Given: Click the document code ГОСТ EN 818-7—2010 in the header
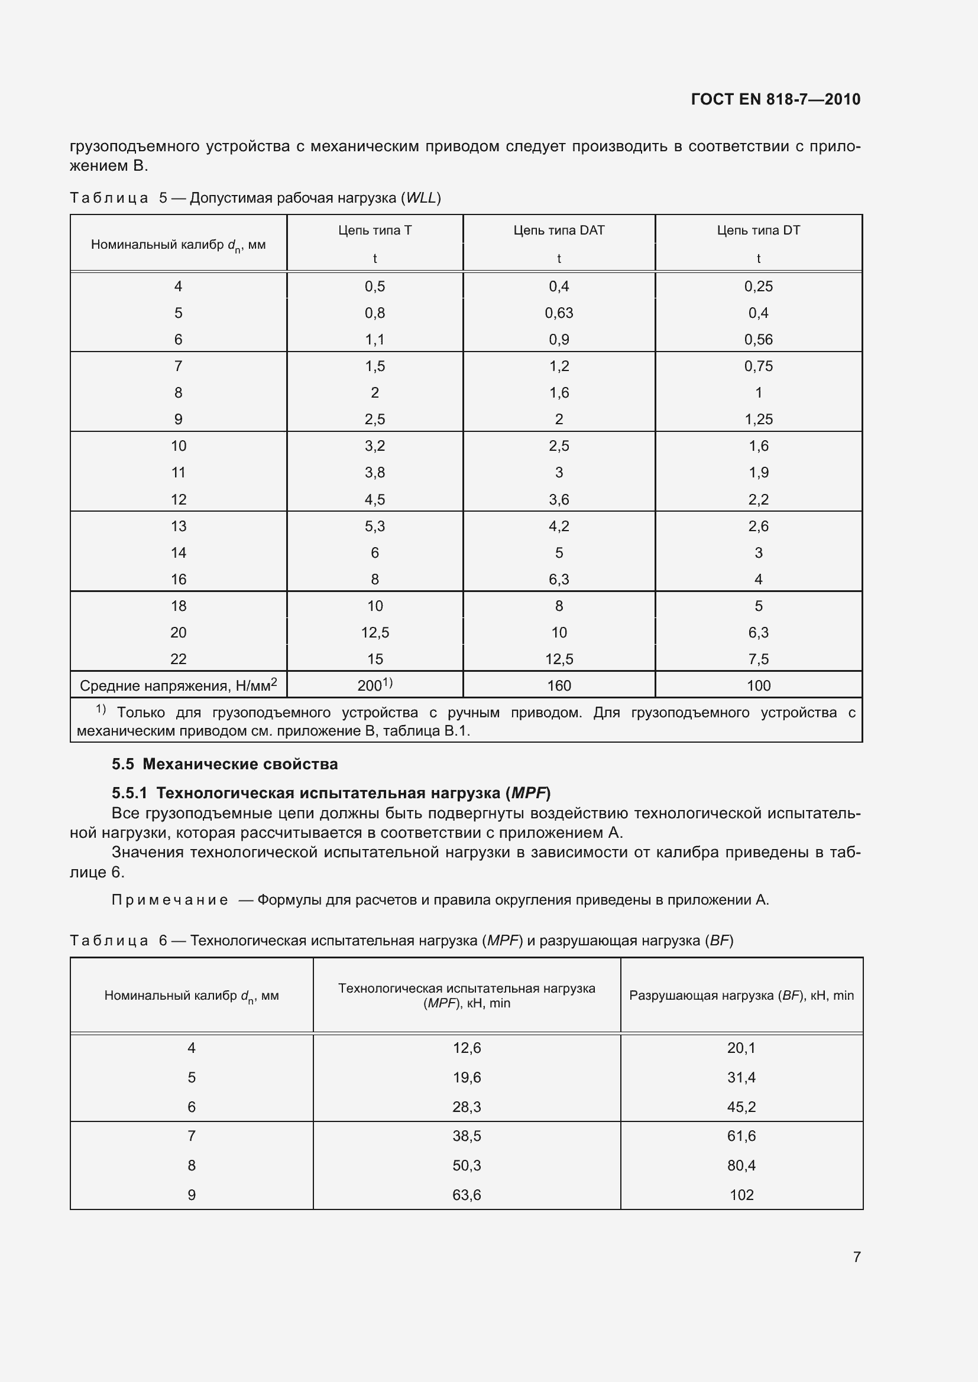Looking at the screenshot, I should click(x=776, y=99).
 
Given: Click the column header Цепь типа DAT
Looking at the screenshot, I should click(x=559, y=230).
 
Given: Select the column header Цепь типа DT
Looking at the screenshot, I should click(x=758, y=230).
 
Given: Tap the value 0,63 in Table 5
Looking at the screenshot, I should click(x=559, y=313).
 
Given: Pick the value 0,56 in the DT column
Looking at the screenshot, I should click(x=758, y=340).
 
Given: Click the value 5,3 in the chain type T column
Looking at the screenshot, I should click(x=374, y=526).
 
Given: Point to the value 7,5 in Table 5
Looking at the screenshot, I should click(x=758, y=659).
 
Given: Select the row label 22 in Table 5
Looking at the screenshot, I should click(x=178, y=659).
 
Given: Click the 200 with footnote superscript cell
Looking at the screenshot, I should click(x=374, y=685).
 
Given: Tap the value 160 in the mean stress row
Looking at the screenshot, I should click(x=559, y=685).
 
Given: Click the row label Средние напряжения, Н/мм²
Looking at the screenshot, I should click(x=178, y=685).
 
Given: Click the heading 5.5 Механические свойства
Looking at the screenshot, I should click(x=225, y=765).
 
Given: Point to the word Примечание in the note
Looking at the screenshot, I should click(x=170, y=900).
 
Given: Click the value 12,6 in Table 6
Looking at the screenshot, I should click(x=467, y=1048).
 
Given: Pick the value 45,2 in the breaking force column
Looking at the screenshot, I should click(x=741, y=1106).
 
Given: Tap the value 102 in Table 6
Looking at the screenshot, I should click(x=741, y=1195).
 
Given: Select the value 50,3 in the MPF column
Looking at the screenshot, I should click(x=467, y=1165).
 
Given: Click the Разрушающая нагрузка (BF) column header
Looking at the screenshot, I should click(x=741, y=996).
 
